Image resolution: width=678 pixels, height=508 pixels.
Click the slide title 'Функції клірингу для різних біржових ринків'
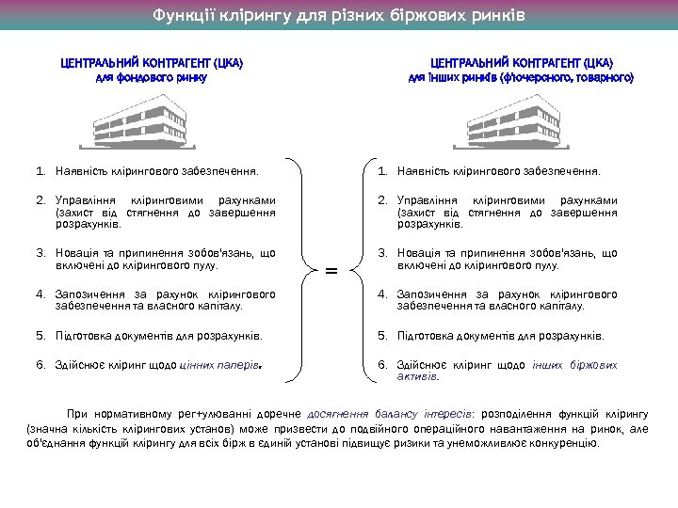339,16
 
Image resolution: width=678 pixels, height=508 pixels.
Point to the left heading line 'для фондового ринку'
152,77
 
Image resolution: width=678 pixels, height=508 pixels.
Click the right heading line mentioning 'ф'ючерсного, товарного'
521,77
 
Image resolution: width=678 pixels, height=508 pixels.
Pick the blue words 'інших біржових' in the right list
574,365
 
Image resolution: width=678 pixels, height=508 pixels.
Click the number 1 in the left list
40,171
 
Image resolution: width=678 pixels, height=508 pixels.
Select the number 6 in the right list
382,365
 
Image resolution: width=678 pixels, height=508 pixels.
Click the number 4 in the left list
40,294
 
